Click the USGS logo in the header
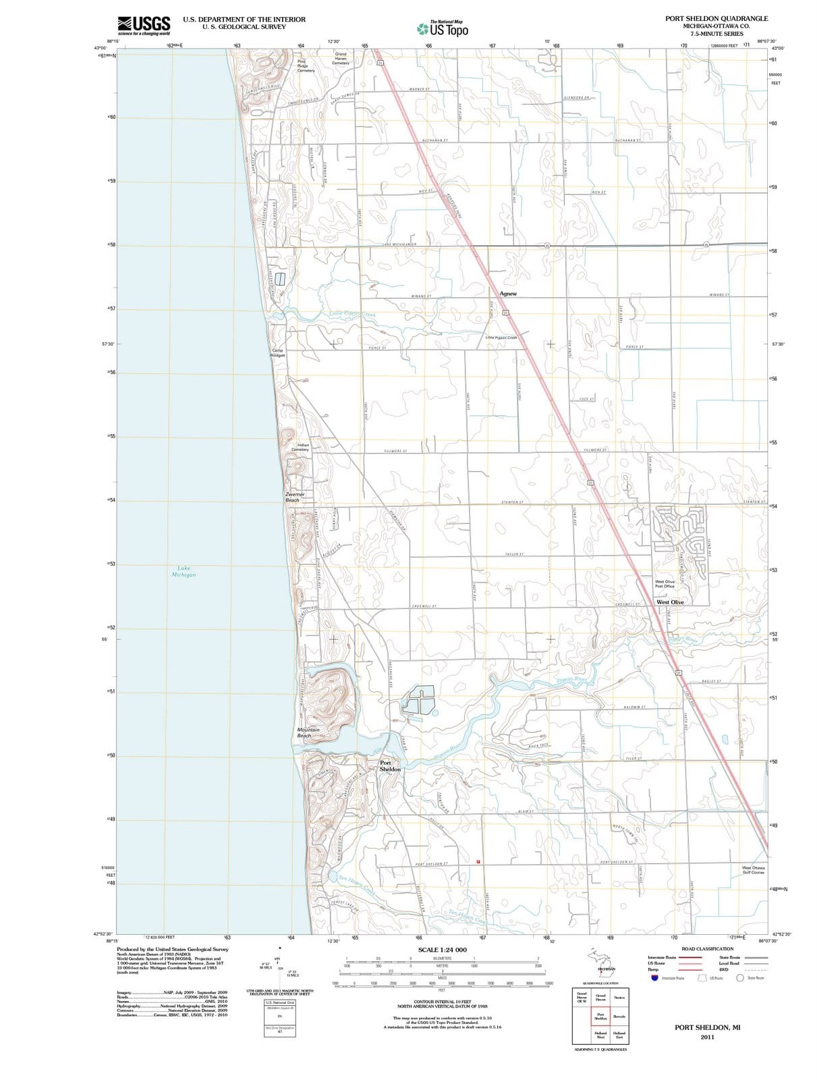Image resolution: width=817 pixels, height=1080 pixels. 143,25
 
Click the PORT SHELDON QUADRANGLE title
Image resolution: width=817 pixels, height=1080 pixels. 716,19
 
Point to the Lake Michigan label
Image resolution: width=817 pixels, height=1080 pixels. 184,571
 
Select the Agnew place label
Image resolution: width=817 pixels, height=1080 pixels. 508,294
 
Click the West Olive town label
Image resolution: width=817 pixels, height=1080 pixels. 670,602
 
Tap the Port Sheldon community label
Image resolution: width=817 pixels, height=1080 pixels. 390,766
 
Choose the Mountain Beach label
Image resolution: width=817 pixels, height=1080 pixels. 308,732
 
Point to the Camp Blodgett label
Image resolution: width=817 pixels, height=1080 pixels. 278,353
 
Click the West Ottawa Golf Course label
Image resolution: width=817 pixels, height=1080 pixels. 754,870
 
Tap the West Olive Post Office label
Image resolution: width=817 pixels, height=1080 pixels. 665,584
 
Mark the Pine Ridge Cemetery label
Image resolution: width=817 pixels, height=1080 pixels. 306,65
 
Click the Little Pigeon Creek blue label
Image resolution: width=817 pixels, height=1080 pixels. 352,314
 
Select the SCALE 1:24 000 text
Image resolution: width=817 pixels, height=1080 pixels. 443,950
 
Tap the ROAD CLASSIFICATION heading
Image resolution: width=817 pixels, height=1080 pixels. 707,948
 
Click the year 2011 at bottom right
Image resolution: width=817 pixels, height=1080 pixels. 707,1037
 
